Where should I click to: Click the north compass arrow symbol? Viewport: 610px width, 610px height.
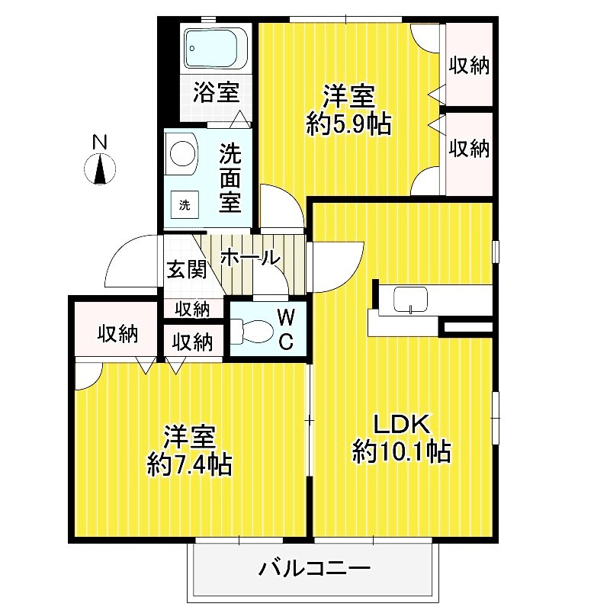point(100,169)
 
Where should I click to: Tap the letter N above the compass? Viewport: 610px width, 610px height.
point(98,142)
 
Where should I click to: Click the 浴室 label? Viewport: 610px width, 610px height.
point(216,93)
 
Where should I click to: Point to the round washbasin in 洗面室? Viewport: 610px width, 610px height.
point(181,152)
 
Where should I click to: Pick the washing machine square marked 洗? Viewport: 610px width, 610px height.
point(184,204)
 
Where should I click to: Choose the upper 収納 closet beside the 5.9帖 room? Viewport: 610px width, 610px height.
point(467,66)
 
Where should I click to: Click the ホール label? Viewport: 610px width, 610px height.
point(249,258)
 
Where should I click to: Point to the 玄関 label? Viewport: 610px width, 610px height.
point(186,269)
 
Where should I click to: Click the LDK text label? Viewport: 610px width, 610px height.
point(402,424)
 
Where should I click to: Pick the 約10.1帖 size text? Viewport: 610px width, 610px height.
point(401,451)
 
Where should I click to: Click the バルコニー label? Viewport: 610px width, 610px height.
point(313,568)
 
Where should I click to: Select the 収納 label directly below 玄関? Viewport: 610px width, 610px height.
point(194,309)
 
